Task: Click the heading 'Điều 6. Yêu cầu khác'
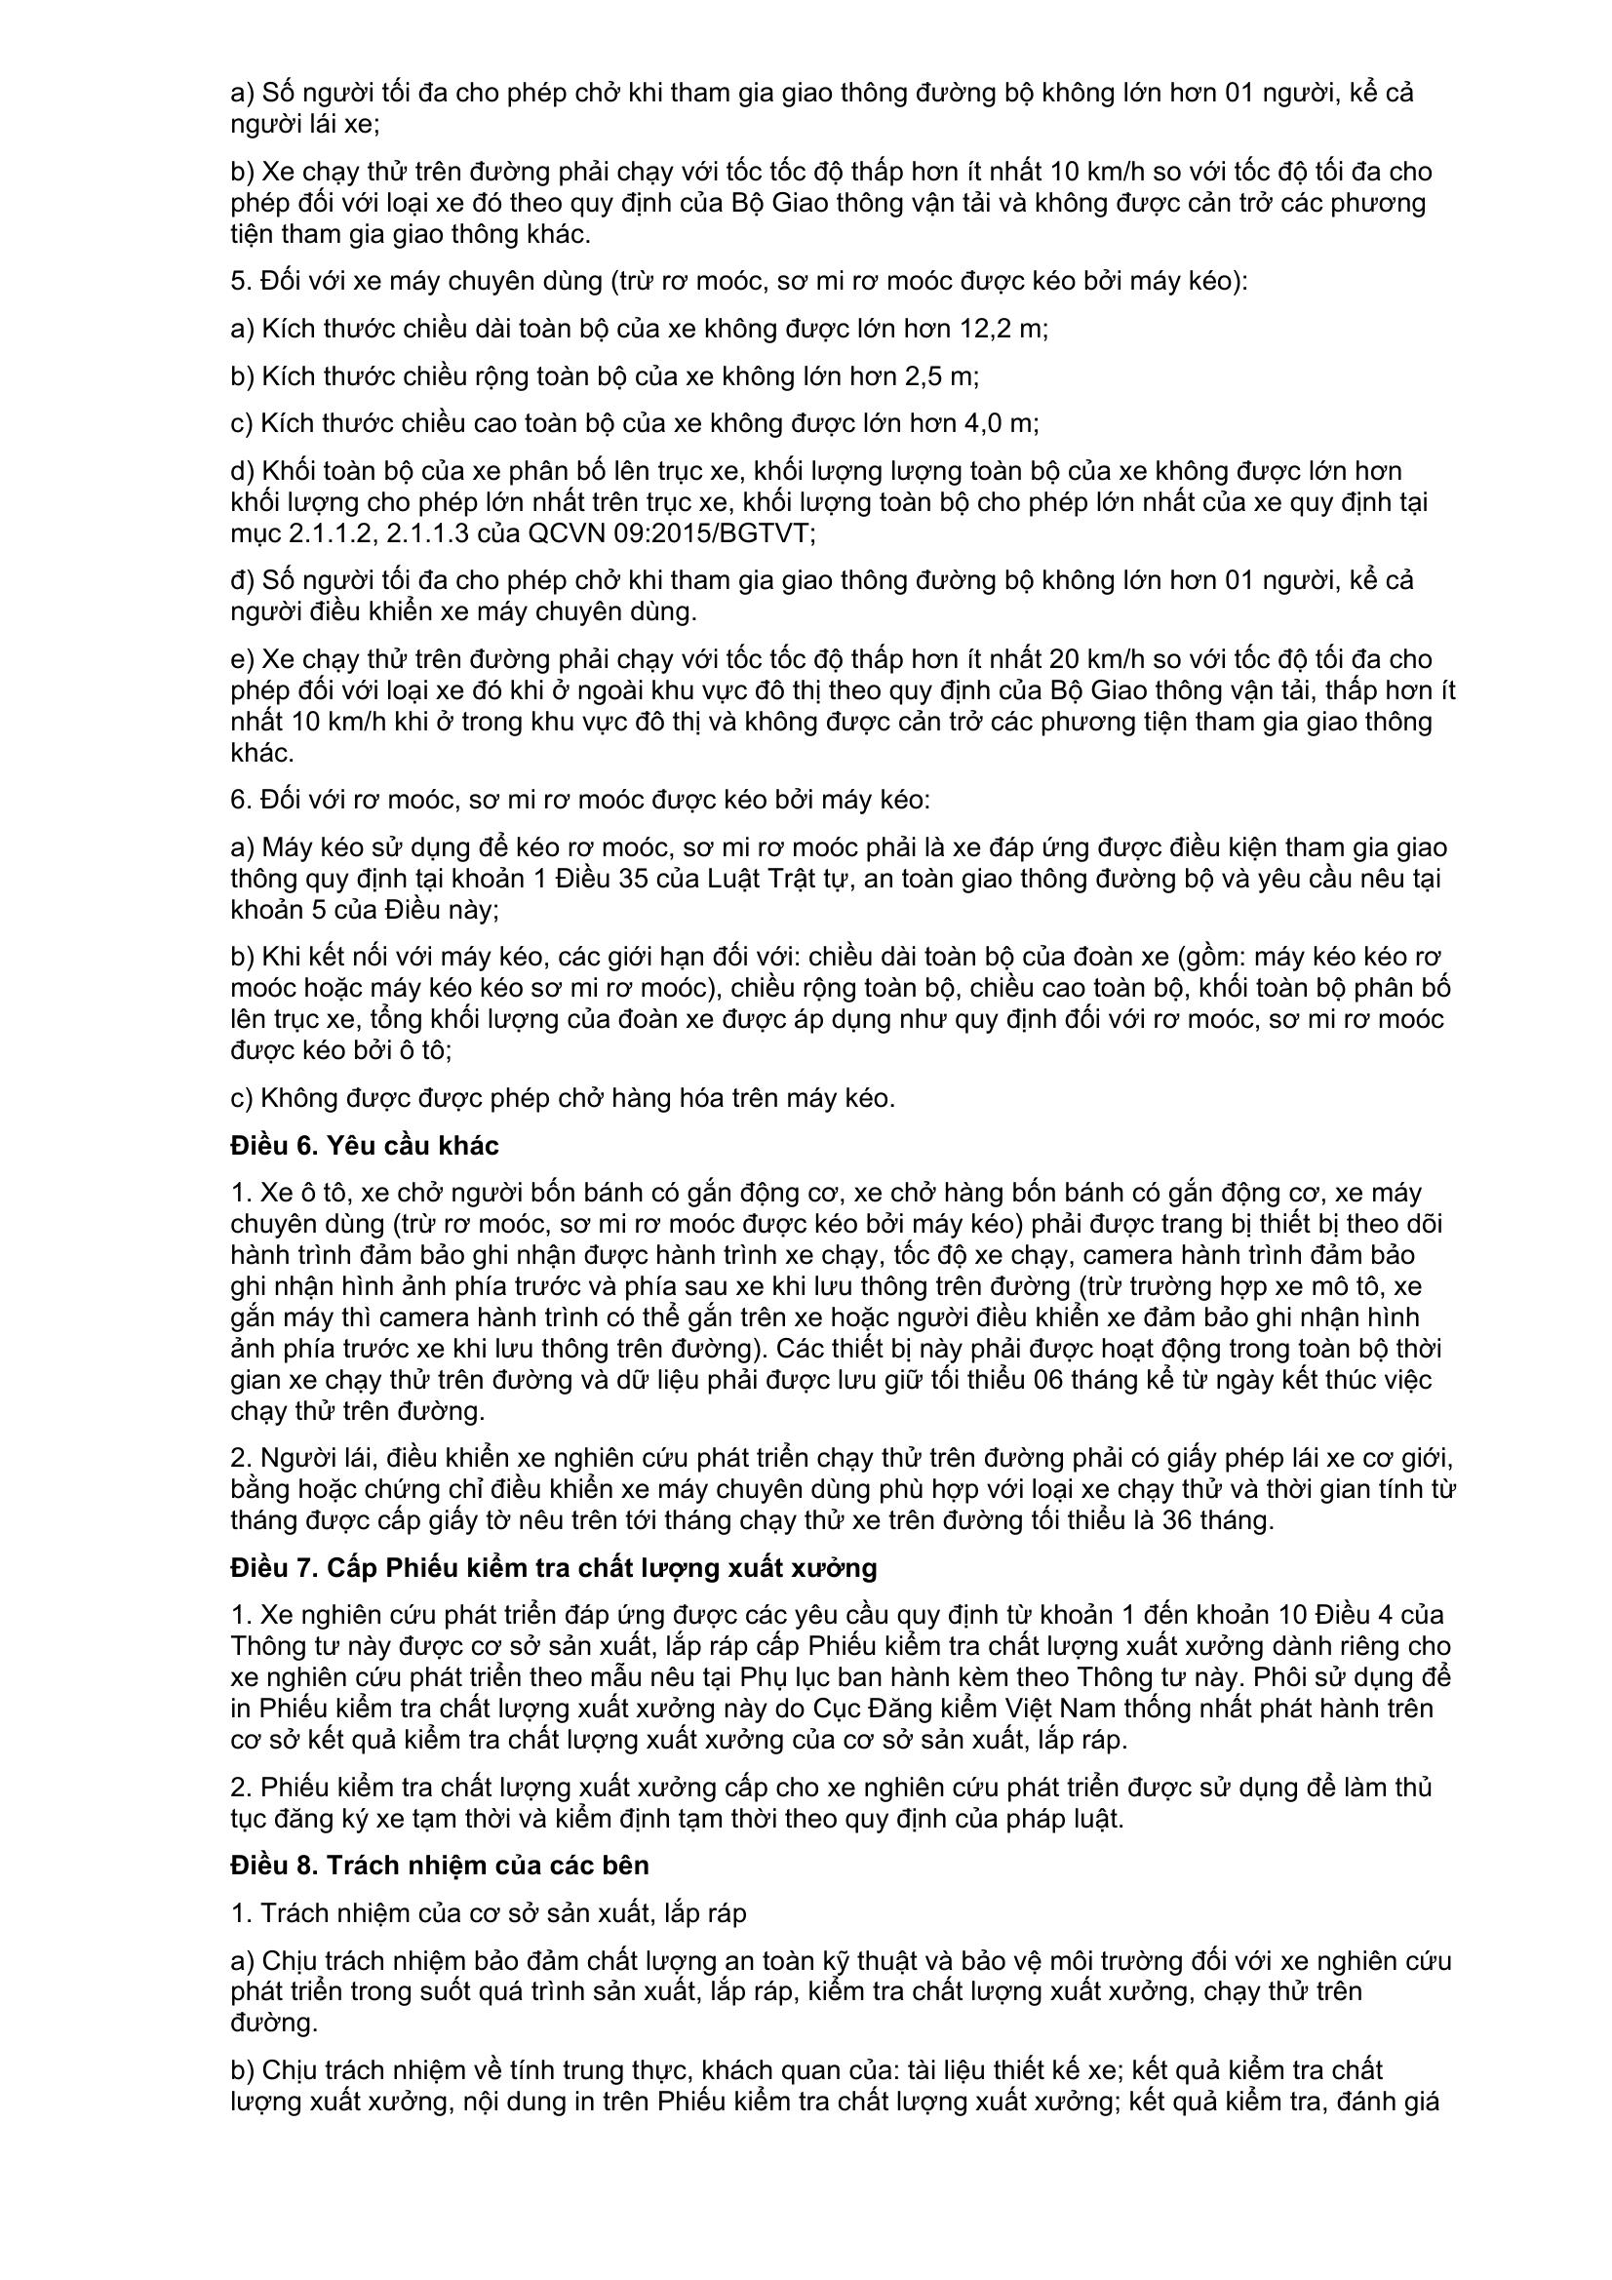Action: pyautogui.click(x=365, y=1145)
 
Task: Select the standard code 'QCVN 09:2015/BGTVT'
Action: pyautogui.click(x=671, y=533)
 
